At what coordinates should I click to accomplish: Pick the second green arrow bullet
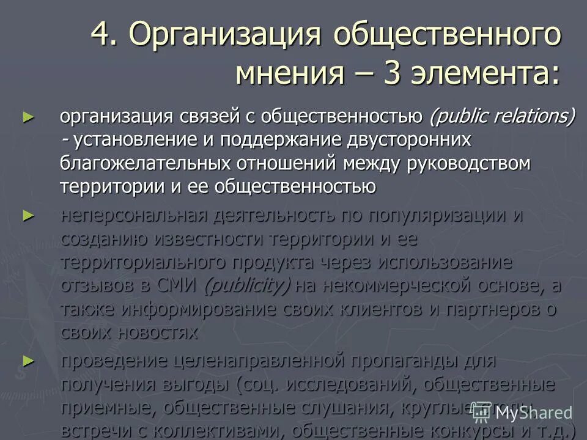click(26, 215)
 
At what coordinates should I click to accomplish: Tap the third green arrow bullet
click(26, 361)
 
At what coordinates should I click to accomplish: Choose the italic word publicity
click(248, 285)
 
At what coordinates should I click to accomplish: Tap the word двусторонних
click(408, 140)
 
